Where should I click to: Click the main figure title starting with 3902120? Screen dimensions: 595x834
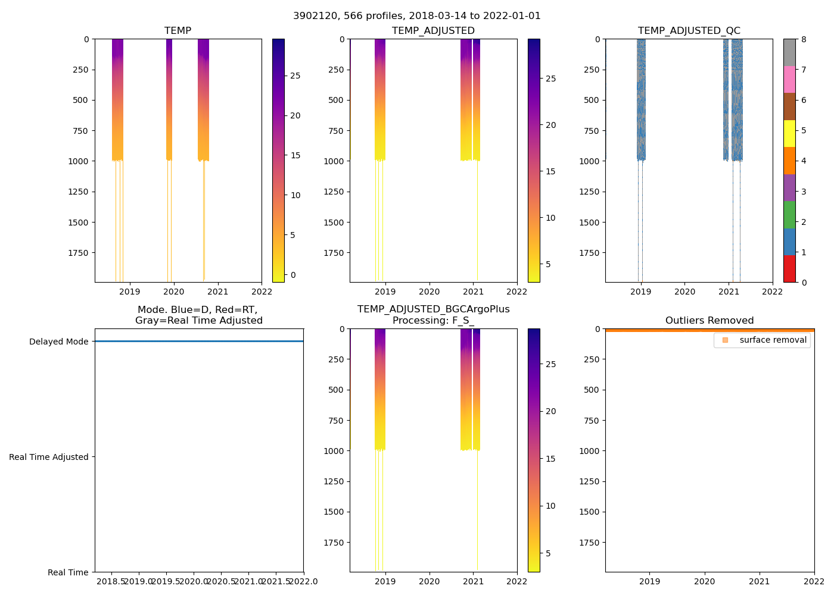[416, 16]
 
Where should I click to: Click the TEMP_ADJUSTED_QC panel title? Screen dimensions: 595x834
[689, 31]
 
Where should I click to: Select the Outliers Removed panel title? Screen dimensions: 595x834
[709, 321]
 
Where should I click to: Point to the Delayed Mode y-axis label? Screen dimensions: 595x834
[58, 342]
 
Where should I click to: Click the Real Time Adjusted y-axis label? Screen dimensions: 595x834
[49, 457]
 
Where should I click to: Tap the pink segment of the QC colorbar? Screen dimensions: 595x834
[789, 79]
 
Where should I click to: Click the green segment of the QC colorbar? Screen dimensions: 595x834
[789, 215]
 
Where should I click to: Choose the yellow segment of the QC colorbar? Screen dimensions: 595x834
[789, 133]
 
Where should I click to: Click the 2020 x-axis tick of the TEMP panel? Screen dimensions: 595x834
[173, 292]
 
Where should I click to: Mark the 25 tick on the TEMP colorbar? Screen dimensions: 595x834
[295, 76]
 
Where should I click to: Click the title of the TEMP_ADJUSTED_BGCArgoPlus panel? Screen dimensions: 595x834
[433, 315]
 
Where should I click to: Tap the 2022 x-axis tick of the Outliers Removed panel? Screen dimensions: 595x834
[814, 581]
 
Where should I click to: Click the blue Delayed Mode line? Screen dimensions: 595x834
[198, 342]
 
